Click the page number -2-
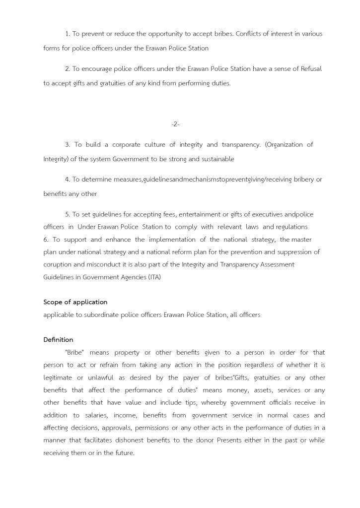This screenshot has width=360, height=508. (x=175, y=124)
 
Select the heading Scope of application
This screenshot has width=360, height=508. (x=75, y=302)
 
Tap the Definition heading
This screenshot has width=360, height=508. (x=58, y=340)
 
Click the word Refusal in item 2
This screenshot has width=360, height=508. (x=311, y=69)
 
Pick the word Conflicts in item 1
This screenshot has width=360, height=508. (x=250, y=34)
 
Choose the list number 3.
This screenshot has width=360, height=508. (x=67, y=145)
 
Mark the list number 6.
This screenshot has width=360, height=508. (x=46, y=240)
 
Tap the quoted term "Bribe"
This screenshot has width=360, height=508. (x=74, y=353)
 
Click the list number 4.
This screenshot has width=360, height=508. (x=67, y=180)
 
